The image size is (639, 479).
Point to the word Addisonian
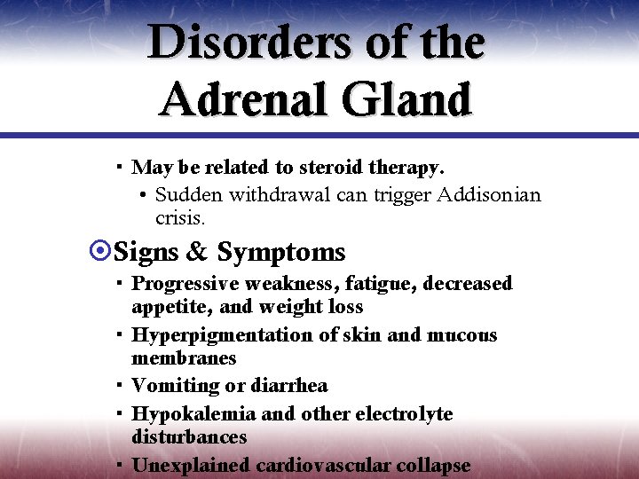(490, 194)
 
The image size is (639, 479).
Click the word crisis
(180, 217)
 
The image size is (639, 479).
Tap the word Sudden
(189, 194)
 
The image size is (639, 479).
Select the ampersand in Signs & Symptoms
(196, 252)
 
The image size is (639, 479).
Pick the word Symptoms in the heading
(280, 253)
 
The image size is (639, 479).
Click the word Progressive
(184, 284)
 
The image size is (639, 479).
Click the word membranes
(184, 357)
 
